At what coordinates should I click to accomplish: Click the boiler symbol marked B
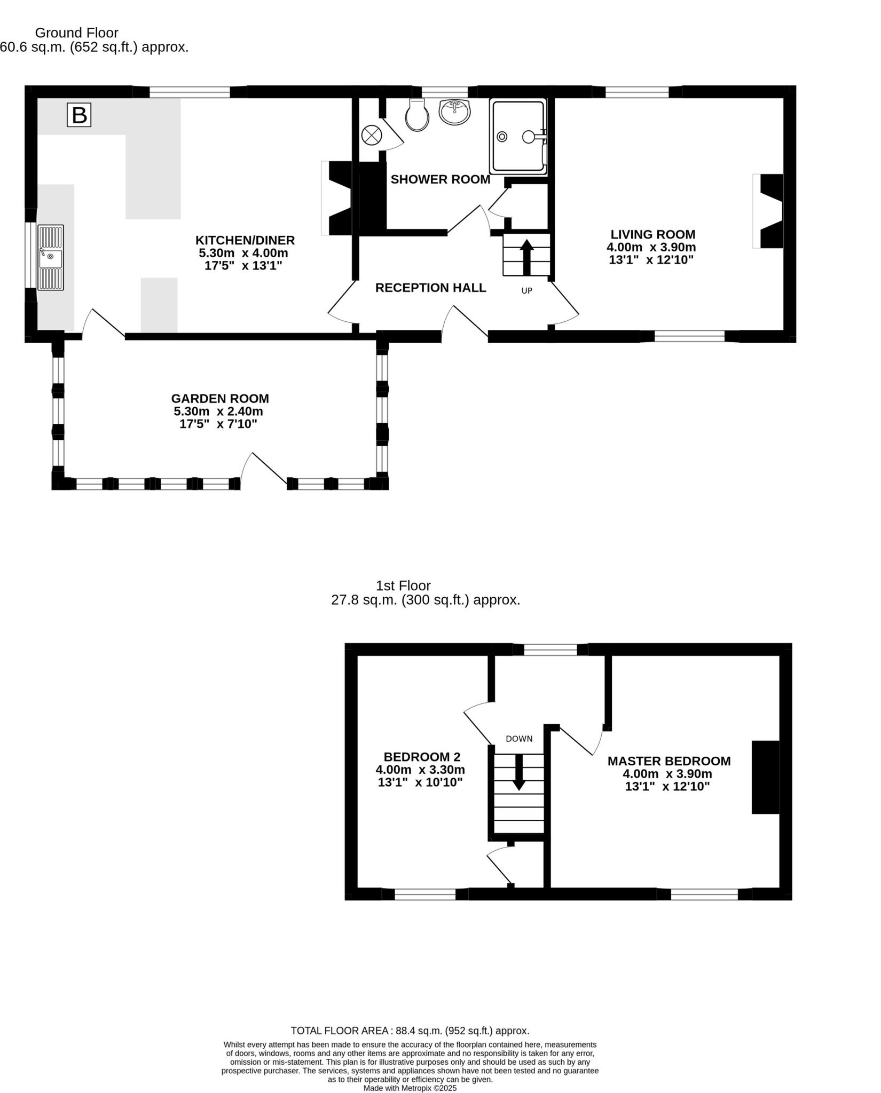click(79, 115)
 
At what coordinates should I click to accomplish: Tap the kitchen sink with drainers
click(51, 257)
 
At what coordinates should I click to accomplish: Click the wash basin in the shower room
click(454, 112)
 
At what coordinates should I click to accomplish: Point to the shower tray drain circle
click(502, 137)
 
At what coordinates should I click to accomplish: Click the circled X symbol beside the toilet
click(371, 134)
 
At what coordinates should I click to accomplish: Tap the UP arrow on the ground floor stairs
click(526, 256)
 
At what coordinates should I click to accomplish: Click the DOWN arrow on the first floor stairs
click(518, 772)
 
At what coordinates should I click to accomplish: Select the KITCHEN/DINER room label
click(245, 240)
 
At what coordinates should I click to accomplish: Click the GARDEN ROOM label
click(220, 399)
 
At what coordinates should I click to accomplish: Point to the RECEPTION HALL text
click(430, 288)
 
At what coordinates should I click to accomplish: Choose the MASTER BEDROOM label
click(668, 761)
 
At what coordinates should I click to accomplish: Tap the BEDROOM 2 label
click(422, 757)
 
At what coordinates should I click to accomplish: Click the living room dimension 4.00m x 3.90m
click(651, 248)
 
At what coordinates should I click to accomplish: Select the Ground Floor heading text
click(76, 33)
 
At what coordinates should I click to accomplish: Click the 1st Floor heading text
click(403, 585)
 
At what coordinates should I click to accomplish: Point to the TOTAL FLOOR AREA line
click(410, 1031)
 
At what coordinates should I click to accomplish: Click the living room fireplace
click(770, 211)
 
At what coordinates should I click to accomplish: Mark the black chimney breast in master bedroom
click(765, 777)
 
